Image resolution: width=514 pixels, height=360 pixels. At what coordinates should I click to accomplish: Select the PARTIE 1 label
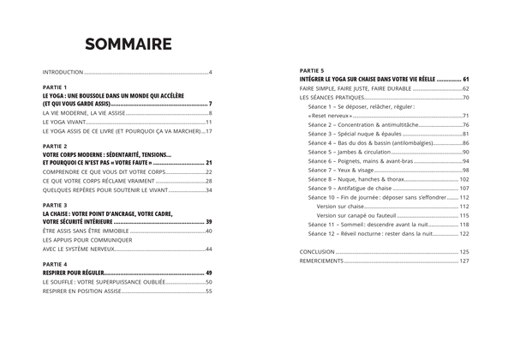tap(54, 87)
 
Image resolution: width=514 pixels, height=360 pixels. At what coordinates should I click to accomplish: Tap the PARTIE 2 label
tap(54, 146)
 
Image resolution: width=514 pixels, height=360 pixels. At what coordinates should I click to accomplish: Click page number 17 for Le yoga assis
tap(208, 132)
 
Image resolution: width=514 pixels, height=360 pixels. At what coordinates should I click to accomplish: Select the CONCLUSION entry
tap(318, 251)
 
